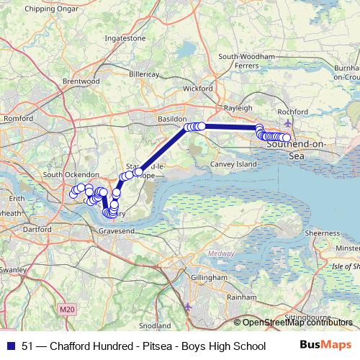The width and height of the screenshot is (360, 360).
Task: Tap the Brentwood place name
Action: pos(81,82)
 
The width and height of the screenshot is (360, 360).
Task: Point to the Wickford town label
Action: pos(198,89)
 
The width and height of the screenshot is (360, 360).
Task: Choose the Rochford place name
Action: pos(292,112)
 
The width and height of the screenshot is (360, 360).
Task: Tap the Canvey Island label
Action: pos(232,164)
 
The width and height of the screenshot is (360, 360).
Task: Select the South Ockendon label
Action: pos(71,175)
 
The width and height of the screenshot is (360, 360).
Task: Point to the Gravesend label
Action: pos(117,230)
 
